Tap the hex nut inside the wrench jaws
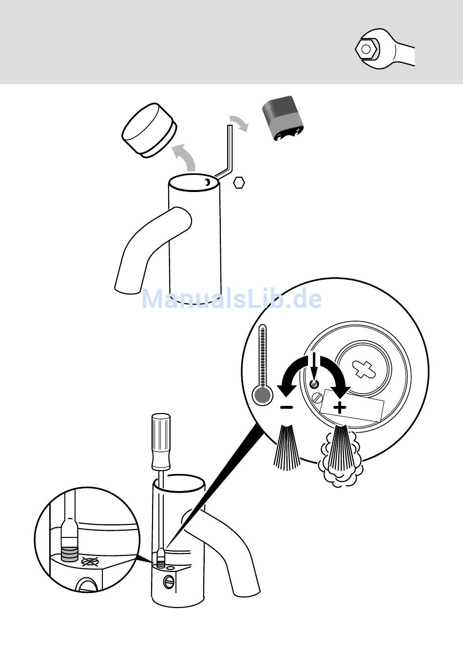pos(366,49)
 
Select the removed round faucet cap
pos(149,130)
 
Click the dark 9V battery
pos(283,118)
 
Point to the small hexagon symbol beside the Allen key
pos(239,183)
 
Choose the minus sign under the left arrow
pos(287,407)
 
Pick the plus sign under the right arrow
pos(340,408)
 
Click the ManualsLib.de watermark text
pos(232,299)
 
